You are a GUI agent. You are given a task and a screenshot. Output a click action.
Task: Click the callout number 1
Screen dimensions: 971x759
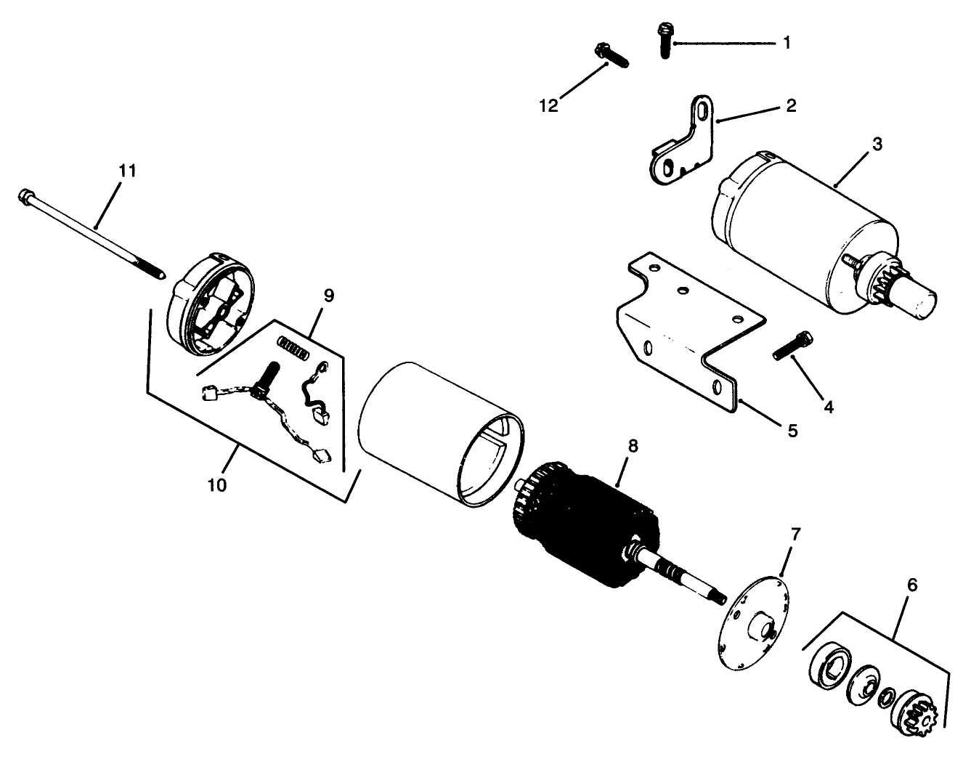(787, 43)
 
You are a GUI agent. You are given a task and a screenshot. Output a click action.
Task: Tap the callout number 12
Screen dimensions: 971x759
(549, 106)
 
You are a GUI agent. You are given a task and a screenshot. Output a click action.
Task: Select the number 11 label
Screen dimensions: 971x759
(127, 171)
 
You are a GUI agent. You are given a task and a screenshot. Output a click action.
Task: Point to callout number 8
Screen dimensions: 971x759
(633, 447)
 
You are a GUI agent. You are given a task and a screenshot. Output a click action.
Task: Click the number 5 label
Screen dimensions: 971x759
(792, 431)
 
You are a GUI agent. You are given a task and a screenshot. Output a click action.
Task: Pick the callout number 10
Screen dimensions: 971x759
(218, 485)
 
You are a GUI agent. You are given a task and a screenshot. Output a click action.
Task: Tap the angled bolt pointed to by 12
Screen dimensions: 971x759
(612, 55)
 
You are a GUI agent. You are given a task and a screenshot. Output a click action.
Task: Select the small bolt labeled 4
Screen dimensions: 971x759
(793, 345)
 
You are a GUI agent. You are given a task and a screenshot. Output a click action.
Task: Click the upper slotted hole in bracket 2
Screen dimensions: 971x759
(704, 110)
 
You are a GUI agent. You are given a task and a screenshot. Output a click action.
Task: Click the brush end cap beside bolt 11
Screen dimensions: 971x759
(209, 304)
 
